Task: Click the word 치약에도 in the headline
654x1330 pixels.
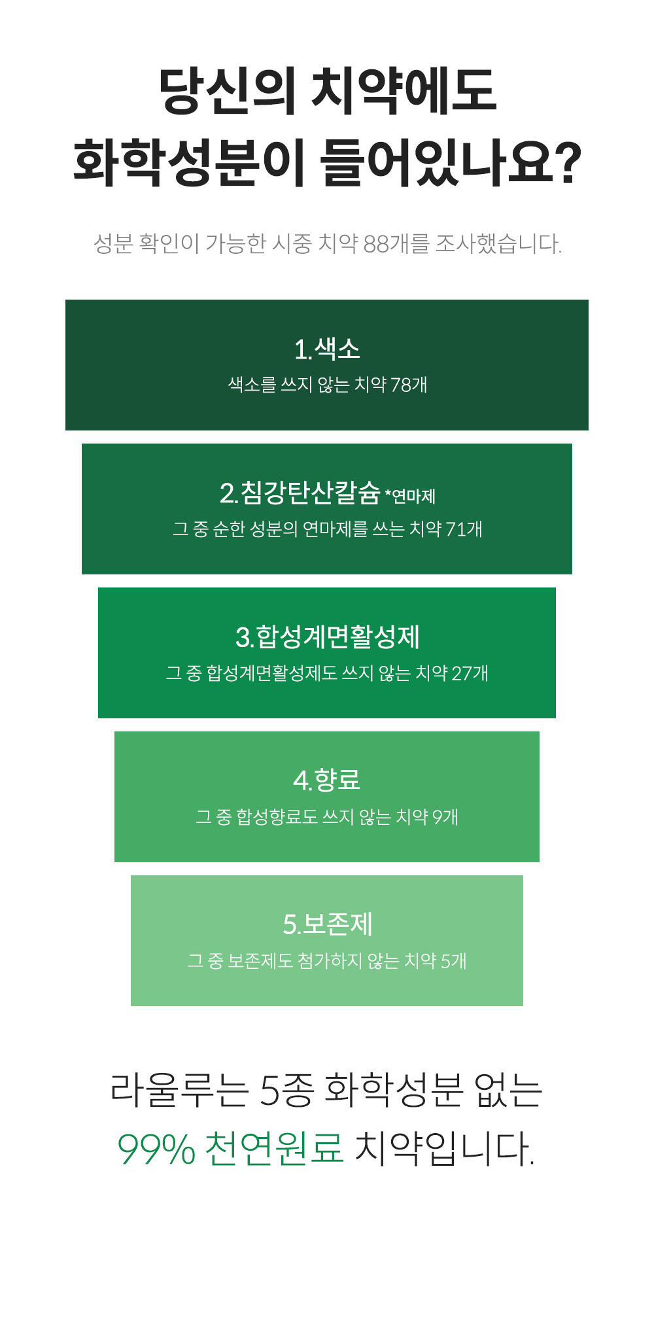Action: click(403, 90)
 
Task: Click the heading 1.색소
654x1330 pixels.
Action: click(327, 349)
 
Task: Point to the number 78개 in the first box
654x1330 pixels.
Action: click(409, 385)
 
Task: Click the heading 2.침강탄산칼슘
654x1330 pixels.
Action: click(300, 493)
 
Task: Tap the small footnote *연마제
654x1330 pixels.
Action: click(410, 497)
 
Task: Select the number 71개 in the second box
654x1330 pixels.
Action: click(464, 529)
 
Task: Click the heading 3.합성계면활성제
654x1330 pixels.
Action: click(327, 637)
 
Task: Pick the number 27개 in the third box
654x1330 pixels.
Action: click(470, 673)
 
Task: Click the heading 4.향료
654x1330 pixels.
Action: click(327, 780)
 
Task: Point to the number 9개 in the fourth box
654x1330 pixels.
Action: click(445, 816)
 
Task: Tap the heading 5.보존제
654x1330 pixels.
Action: click(327, 924)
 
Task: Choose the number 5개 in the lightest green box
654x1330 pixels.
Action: click(453, 960)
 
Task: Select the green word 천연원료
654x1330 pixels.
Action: click(274, 1148)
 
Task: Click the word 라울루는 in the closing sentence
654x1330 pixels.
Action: click(179, 1091)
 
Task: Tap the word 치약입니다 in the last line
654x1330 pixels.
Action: click(444, 1148)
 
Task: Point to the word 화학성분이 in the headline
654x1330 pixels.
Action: click(189, 162)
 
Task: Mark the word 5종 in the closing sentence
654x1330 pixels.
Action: click(286, 1091)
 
